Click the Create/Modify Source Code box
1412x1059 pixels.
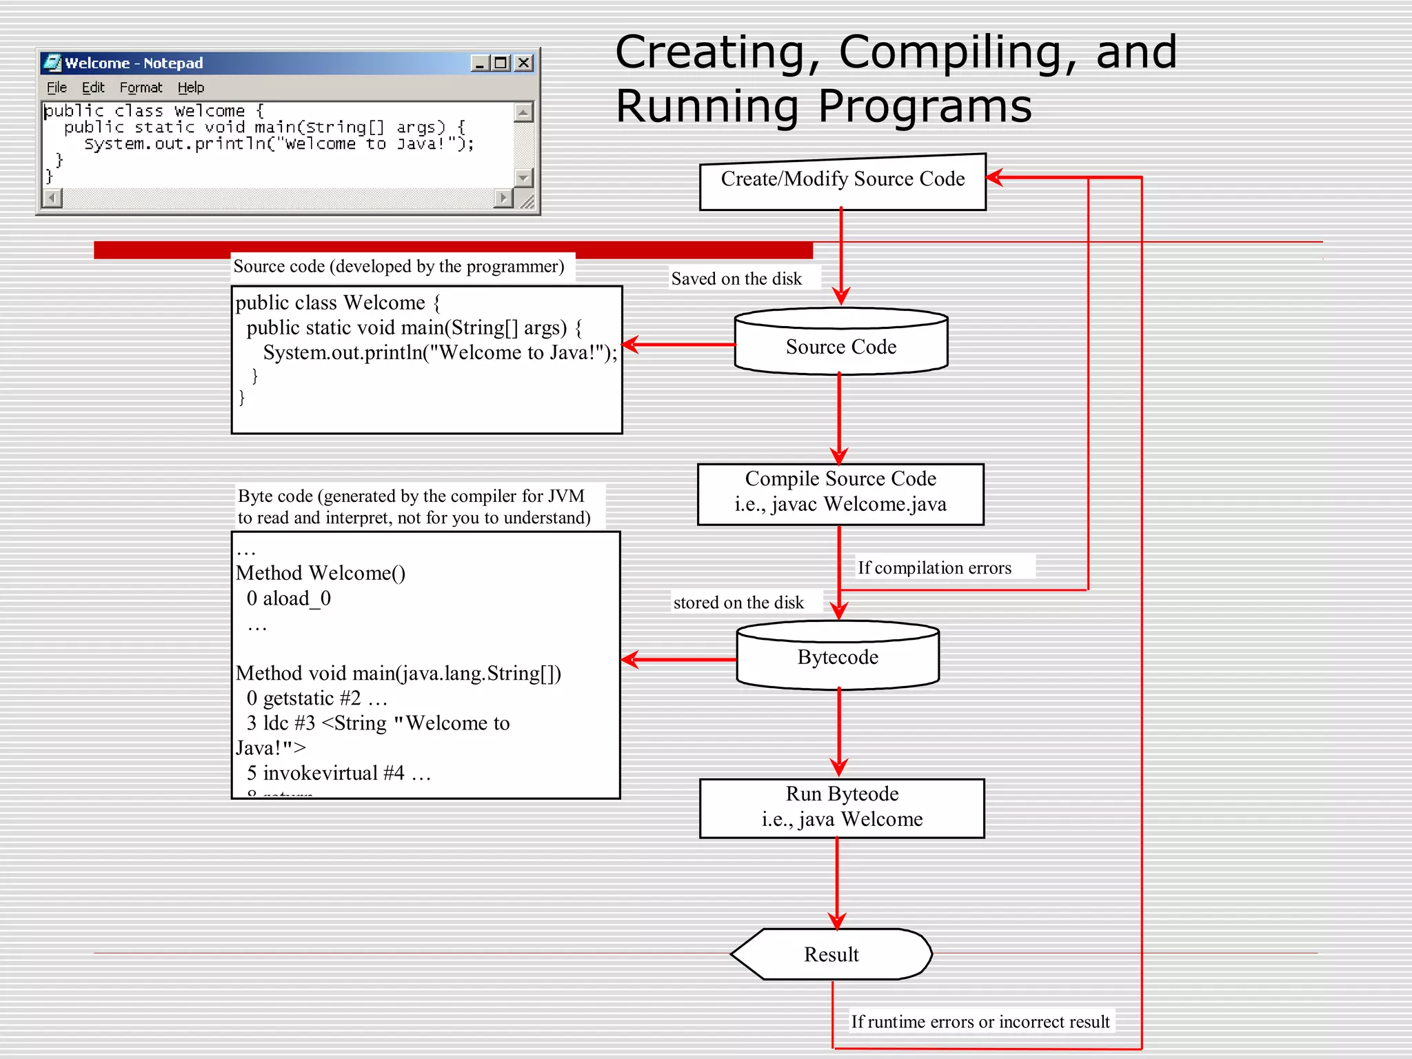pyautogui.click(x=842, y=181)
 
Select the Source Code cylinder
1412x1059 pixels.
pyautogui.click(x=840, y=346)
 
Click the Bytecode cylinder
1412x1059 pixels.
pyautogui.click(x=838, y=657)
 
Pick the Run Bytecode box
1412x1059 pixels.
pyautogui.click(x=841, y=807)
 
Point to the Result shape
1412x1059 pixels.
pyautogui.click(x=831, y=954)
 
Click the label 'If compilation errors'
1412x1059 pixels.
pyautogui.click(x=934, y=568)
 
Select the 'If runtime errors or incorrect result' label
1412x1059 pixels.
pyautogui.click(x=980, y=1022)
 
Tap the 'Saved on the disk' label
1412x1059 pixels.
pyautogui.click(x=736, y=279)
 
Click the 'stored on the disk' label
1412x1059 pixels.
pyautogui.click(x=738, y=603)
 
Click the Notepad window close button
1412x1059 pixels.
pyautogui.click(x=524, y=63)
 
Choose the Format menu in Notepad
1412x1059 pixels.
pyautogui.click(x=141, y=88)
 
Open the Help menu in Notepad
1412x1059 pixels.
pyautogui.click(x=191, y=88)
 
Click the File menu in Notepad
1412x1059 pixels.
pyautogui.click(x=57, y=88)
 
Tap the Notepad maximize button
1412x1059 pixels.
pyautogui.click(x=501, y=63)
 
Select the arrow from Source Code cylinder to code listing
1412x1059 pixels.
pyautogui.click(x=679, y=344)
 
